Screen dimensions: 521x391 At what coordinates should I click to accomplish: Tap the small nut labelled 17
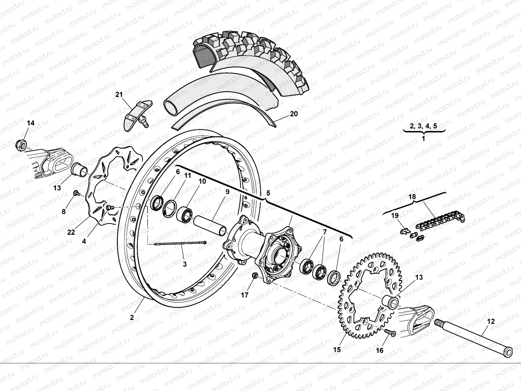tap(255, 276)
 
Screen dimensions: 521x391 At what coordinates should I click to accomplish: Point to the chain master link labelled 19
tap(405, 231)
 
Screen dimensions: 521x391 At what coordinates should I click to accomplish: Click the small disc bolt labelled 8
tap(76, 194)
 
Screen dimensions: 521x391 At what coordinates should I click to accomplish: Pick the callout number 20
tap(293, 114)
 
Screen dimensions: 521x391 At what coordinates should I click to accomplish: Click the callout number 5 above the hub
tap(268, 193)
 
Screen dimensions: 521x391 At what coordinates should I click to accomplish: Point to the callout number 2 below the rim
tap(132, 317)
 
